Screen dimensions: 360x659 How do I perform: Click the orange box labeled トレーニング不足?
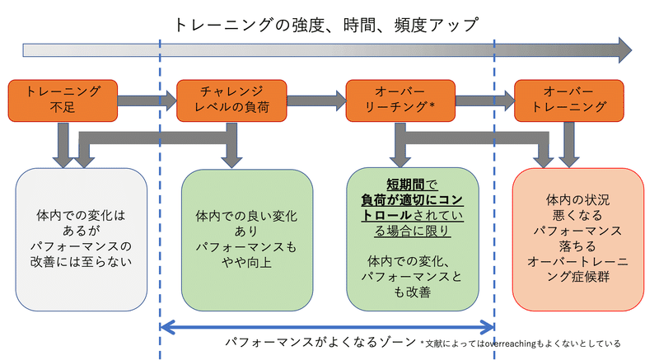click(63, 100)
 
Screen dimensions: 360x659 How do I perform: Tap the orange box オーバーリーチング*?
click(400, 100)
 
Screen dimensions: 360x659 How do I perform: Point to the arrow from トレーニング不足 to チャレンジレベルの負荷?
click(147, 101)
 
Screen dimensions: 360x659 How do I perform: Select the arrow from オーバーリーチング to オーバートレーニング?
click(484, 101)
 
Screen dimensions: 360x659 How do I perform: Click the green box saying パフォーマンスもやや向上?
click(246, 238)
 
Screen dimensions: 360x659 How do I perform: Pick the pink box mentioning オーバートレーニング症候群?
click(577, 238)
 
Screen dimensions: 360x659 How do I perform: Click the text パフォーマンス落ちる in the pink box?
click(577, 237)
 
